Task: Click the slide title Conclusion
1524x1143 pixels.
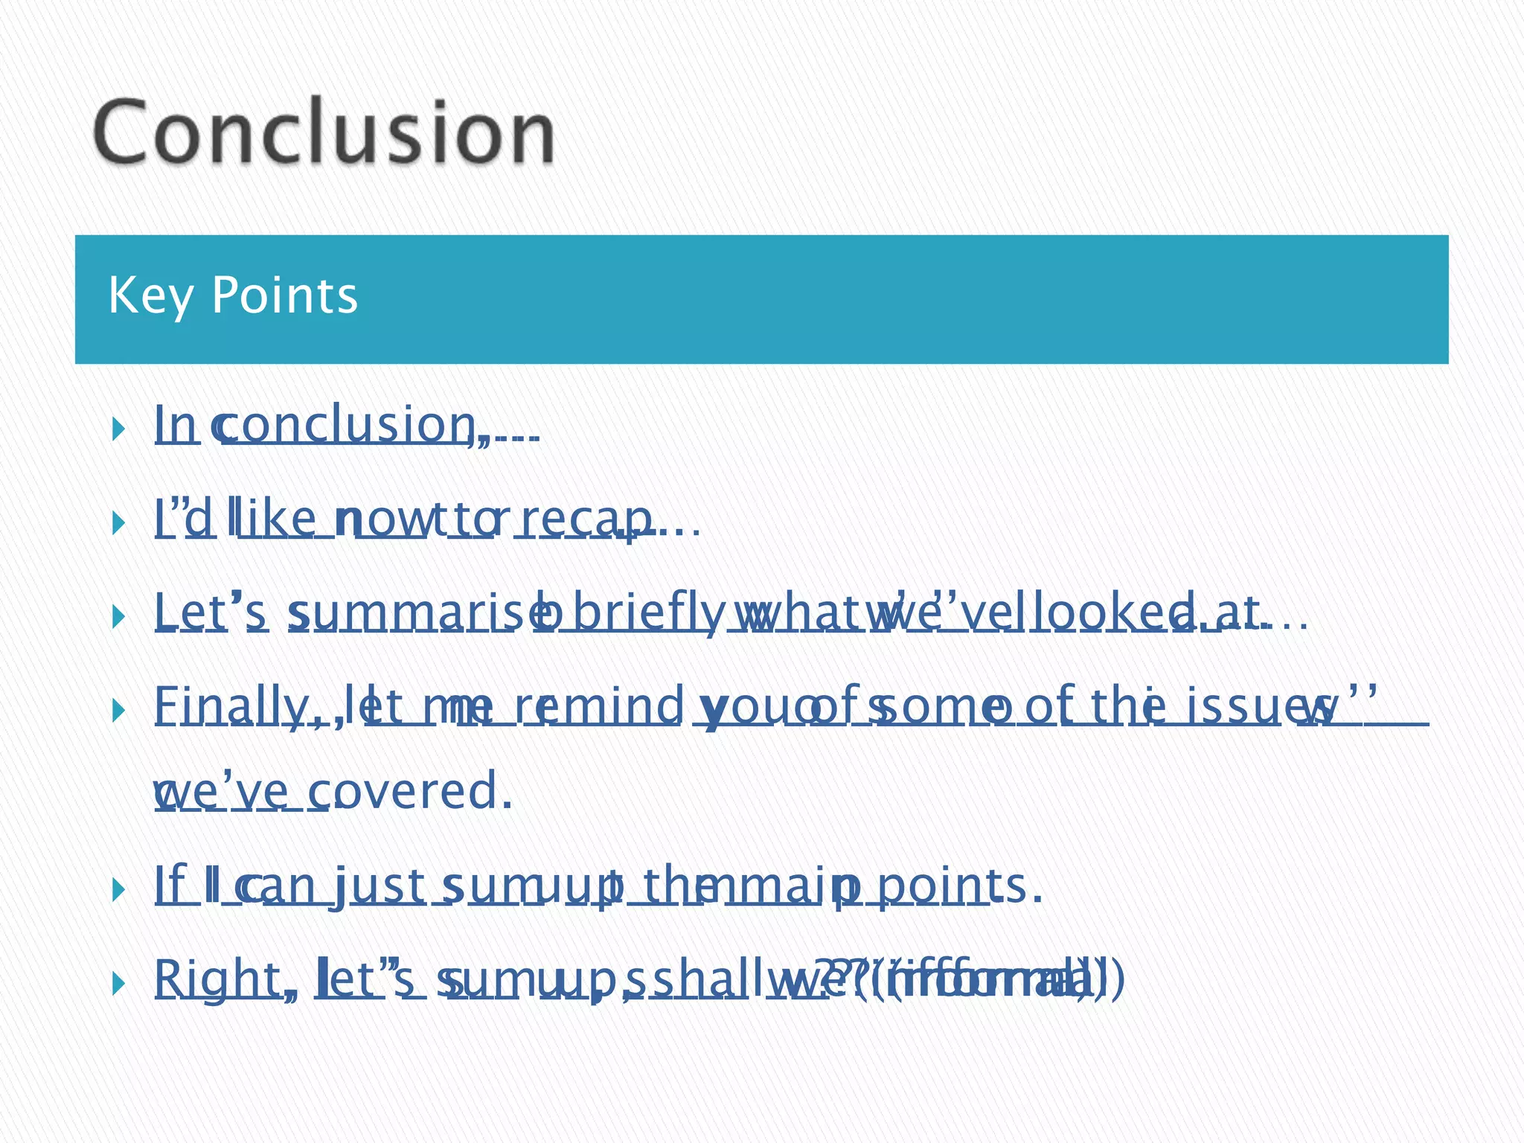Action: pyautogui.click(x=324, y=132)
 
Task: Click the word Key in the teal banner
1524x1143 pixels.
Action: pyautogui.click(x=150, y=296)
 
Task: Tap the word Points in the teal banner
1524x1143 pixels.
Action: pyautogui.click(x=285, y=295)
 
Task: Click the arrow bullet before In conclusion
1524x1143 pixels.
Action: pyautogui.click(x=118, y=428)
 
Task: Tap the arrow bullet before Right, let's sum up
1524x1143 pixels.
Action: pyautogui.click(x=118, y=984)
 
